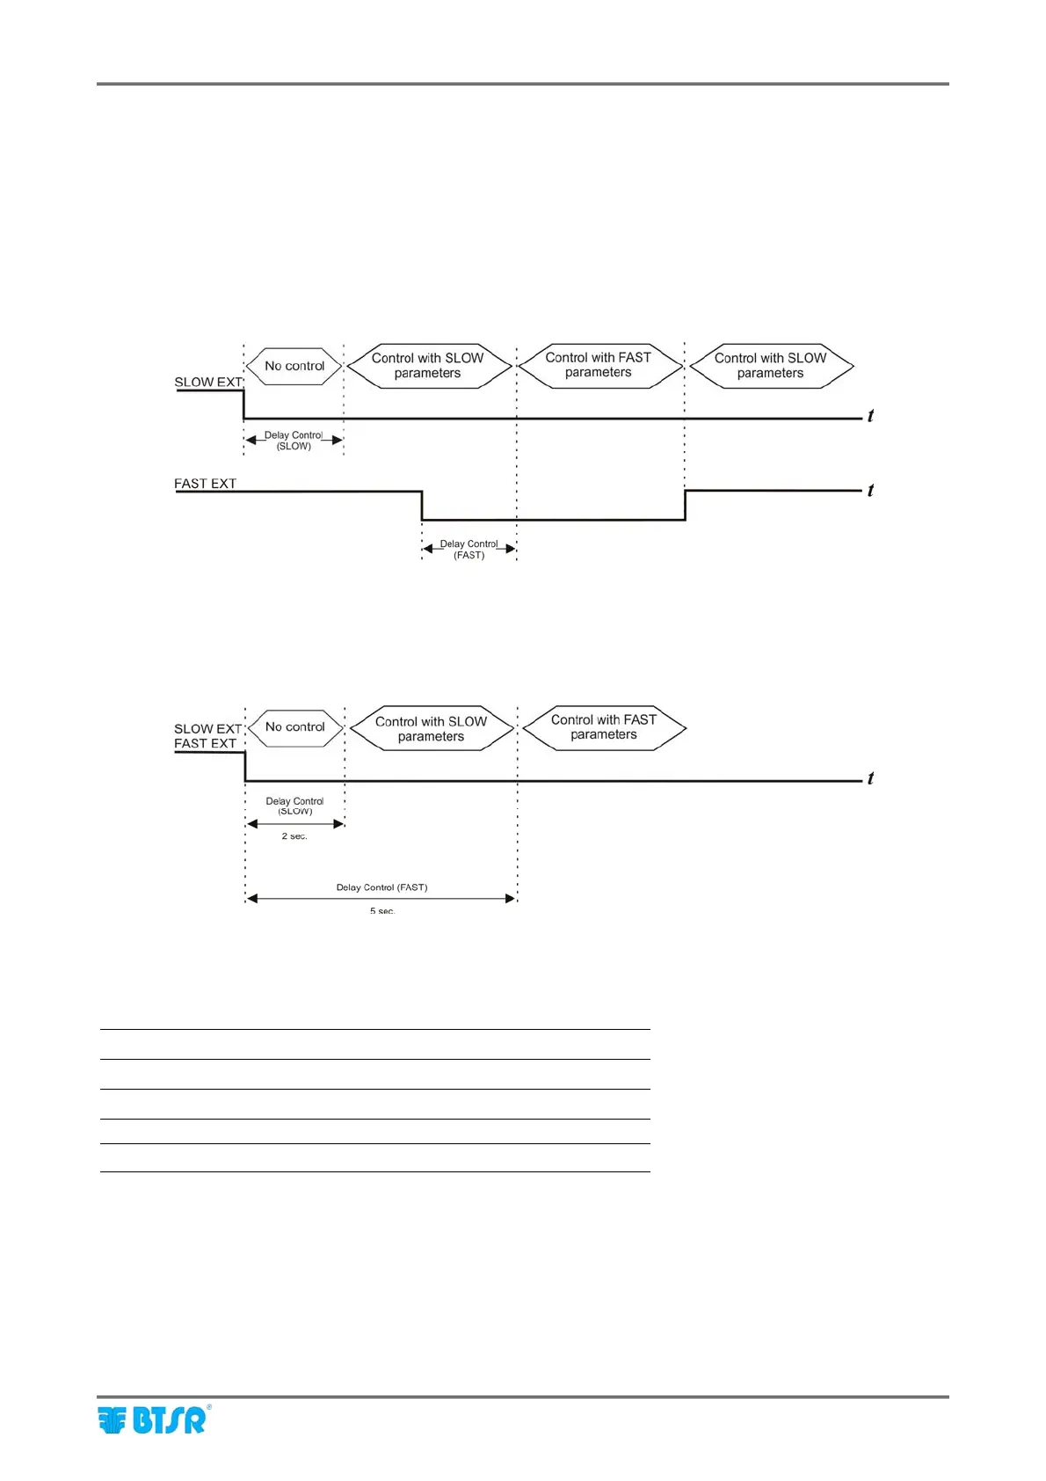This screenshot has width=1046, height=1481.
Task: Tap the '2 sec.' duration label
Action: (x=294, y=836)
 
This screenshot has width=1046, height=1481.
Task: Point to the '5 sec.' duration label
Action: (x=382, y=910)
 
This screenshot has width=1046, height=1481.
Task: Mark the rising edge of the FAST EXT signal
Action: (x=685, y=505)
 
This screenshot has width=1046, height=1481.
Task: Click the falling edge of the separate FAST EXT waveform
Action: (x=423, y=506)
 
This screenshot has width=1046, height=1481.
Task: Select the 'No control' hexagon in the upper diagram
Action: (x=294, y=366)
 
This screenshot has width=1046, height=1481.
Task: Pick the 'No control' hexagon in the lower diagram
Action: (x=295, y=727)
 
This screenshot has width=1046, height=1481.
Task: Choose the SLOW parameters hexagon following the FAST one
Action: (x=771, y=366)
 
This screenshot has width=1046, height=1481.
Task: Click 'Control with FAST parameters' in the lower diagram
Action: (x=604, y=727)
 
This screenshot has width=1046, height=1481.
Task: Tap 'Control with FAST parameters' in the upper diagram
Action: (x=599, y=365)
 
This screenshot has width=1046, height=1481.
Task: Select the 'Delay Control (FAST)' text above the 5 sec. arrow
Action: (x=381, y=887)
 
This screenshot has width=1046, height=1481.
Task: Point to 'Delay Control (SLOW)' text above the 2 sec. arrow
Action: (x=295, y=806)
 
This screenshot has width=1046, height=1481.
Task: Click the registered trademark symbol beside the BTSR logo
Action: (x=208, y=1407)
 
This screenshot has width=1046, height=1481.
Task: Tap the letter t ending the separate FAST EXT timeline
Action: (x=870, y=491)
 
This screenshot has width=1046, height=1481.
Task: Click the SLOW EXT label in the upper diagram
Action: (x=207, y=383)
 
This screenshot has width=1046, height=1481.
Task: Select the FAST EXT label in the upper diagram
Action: (x=205, y=484)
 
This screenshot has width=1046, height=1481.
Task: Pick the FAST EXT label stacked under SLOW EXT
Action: (x=205, y=743)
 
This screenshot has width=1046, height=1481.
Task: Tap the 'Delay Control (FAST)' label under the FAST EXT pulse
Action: (x=469, y=550)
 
